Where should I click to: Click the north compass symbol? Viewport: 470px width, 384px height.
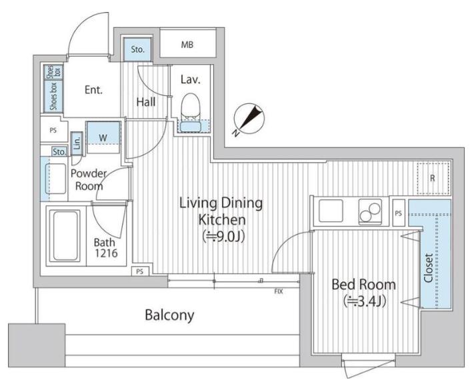(249, 119)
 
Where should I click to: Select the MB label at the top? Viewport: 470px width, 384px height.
(187, 45)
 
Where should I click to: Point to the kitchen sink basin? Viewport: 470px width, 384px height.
(331, 211)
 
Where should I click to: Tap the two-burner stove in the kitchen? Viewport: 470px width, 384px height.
(371, 211)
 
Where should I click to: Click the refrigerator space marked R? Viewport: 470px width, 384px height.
(433, 179)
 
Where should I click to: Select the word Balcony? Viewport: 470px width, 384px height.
(169, 315)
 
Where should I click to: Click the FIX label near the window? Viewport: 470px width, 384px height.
(279, 291)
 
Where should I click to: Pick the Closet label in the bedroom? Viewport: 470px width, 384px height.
(429, 268)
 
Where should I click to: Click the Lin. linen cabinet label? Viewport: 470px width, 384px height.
(77, 143)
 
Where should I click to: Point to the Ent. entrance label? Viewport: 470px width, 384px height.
(93, 89)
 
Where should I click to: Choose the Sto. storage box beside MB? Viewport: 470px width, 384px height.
(137, 49)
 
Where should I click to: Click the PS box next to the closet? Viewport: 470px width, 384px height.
(399, 213)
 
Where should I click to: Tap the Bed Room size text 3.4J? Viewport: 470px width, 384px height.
(364, 301)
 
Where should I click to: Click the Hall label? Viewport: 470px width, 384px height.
(146, 102)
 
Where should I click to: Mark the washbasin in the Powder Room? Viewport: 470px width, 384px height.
(55, 179)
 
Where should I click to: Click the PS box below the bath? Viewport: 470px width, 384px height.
(140, 271)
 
